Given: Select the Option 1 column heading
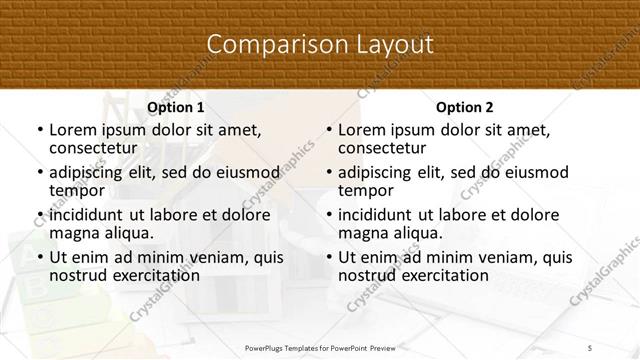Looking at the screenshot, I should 175,107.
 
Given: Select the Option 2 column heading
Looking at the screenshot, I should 464,107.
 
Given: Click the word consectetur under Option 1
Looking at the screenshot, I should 95,148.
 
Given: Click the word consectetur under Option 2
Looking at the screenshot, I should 384,148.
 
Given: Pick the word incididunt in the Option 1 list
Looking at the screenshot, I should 86,215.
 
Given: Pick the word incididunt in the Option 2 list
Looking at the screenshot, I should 375,215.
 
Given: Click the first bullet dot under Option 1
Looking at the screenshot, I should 39,131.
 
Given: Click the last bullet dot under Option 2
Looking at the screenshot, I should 328,258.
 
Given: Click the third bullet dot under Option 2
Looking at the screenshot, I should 328,215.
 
